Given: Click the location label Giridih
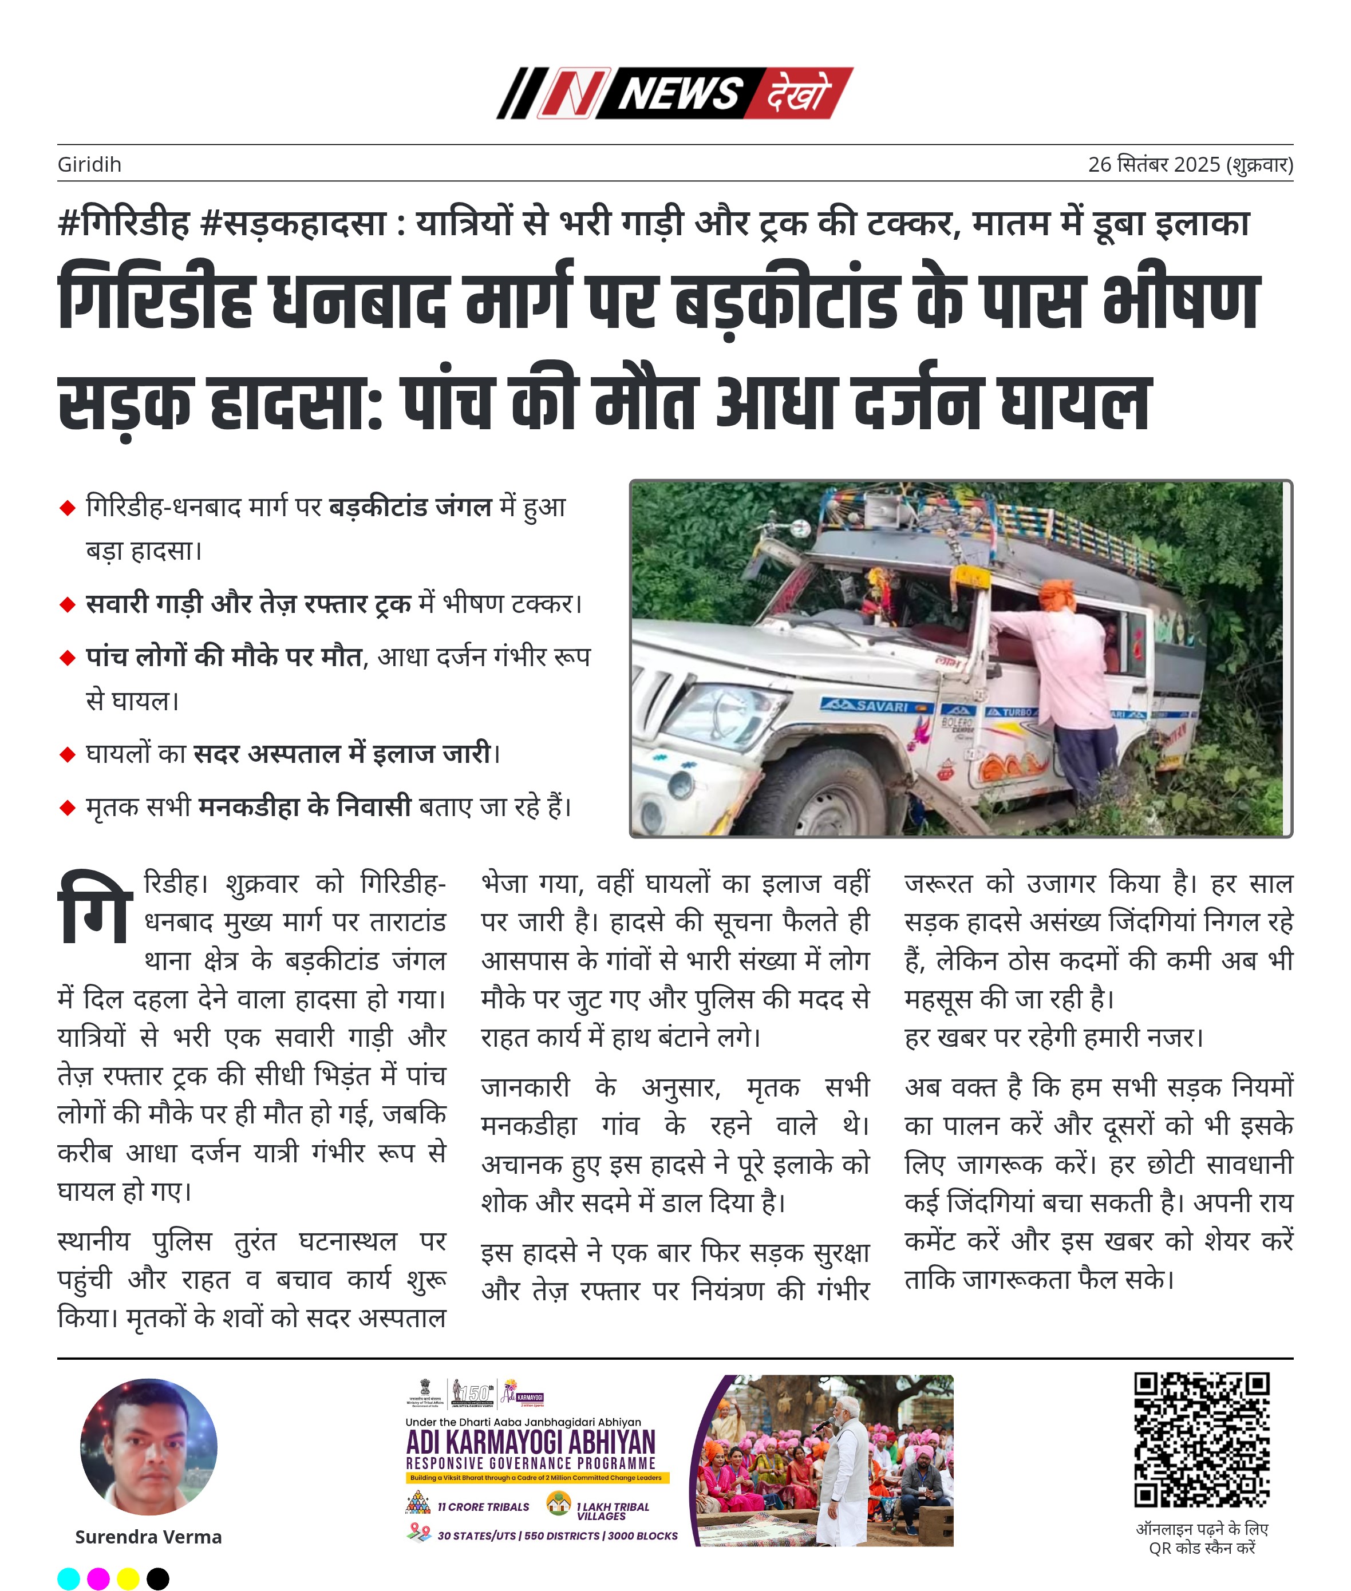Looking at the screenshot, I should coord(89,165).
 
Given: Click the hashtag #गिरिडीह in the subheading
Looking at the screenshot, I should coord(123,224).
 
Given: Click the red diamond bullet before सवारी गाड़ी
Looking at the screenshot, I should coord(68,605).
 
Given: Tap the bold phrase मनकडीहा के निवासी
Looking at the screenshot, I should coord(304,807).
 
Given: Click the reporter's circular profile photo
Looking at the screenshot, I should coord(149,1446).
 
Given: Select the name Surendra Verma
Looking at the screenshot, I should coord(149,1536).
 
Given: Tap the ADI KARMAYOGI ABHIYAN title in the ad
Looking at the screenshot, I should coord(531,1442).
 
